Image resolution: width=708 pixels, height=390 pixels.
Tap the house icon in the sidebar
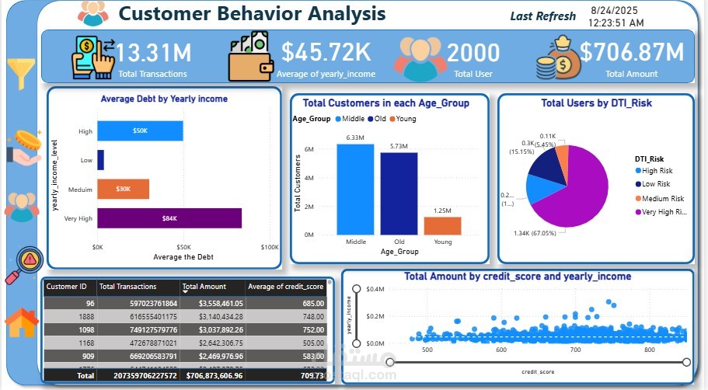tap(23, 322)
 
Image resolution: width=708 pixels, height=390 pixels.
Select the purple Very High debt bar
tap(169, 218)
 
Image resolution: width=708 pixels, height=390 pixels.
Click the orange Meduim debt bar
tap(123, 189)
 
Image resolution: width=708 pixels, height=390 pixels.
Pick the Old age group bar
tap(399, 193)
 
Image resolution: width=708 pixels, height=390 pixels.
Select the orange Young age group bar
tap(442, 225)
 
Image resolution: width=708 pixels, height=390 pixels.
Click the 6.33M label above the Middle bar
tap(355, 138)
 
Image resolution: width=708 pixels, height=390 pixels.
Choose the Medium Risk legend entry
tap(661, 198)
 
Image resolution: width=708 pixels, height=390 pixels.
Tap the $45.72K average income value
tap(326, 53)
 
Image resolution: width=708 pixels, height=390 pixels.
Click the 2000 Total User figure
tap(473, 53)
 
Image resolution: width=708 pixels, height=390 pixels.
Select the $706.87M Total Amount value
tap(631, 53)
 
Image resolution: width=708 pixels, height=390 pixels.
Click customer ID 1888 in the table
tap(85, 316)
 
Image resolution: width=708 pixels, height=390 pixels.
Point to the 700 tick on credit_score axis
tap(576, 350)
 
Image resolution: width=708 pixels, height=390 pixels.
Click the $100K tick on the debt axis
tap(269, 247)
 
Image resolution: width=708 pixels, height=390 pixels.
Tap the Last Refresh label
tap(543, 16)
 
